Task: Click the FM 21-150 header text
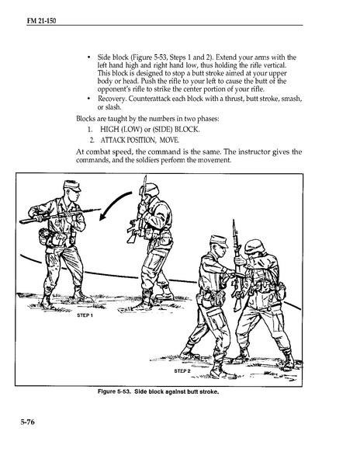point(41,21)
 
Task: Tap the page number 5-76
point(27,422)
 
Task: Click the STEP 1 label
point(85,315)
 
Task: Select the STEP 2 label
point(182,371)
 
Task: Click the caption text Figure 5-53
point(114,391)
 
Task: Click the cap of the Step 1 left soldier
point(72,186)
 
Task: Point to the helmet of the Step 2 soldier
point(254,246)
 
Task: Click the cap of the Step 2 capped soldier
point(219,241)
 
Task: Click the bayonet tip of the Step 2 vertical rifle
point(234,221)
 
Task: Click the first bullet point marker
point(88,57)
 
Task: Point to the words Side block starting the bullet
point(113,57)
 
